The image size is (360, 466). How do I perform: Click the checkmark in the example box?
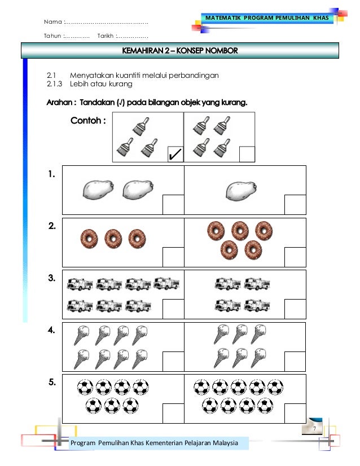[x=174, y=153]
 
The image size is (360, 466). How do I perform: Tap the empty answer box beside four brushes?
[x=247, y=153]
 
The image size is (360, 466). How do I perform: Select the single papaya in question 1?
[x=241, y=188]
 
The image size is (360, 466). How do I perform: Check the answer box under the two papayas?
[x=173, y=204]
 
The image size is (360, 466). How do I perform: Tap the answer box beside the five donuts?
[x=295, y=256]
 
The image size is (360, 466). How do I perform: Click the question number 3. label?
[x=51, y=279]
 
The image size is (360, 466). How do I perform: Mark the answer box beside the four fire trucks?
[x=295, y=309]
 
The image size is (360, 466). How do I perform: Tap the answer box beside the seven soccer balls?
[x=173, y=412]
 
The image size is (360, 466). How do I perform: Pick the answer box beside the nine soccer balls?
[x=295, y=412]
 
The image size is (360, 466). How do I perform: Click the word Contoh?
[x=87, y=120]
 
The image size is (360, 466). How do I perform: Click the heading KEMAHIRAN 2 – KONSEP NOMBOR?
[x=180, y=51]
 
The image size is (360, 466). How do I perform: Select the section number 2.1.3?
[x=55, y=84]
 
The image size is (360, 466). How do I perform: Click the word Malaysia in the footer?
[x=217, y=444]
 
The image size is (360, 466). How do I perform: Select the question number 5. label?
[x=51, y=383]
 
